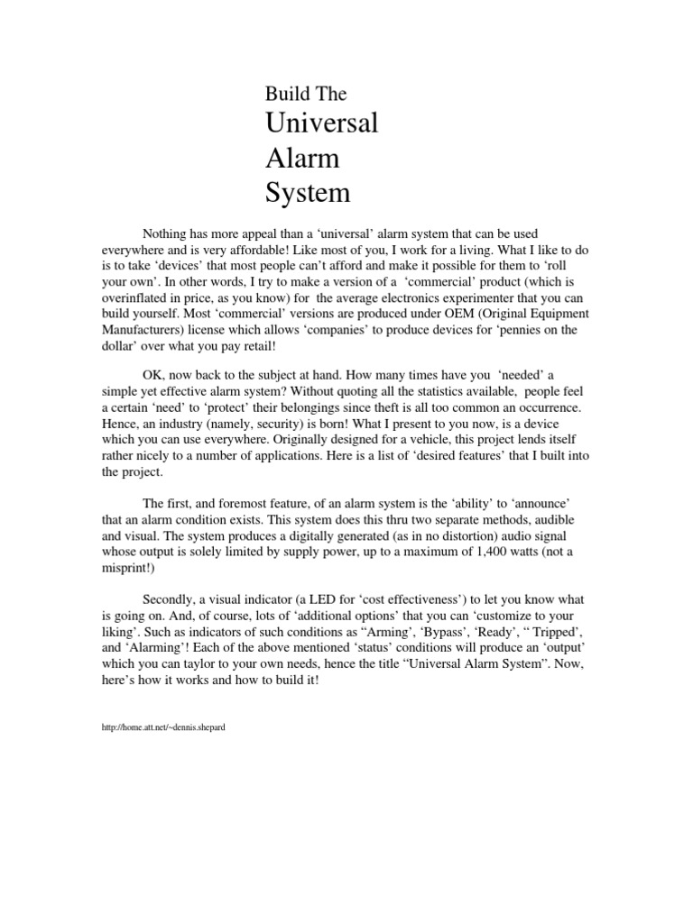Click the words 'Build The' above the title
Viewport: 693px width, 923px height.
[305, 94]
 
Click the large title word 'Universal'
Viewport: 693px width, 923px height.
[320, 123]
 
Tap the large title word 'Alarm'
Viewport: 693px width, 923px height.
[301, 158]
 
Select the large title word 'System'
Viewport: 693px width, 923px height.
[306, 192]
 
